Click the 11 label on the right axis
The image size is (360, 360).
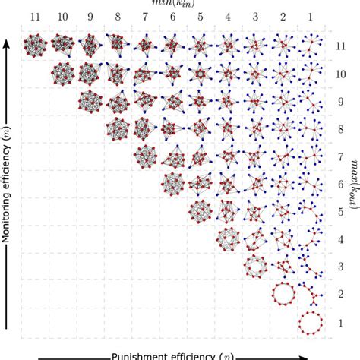click(339, 46)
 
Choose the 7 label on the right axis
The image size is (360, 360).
click(339, 157)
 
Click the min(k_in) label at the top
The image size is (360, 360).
click(172, 3)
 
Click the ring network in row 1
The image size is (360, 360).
click(310, 323)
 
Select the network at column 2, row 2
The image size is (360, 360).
click(283, 294)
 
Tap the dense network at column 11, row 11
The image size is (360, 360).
click(34, 46)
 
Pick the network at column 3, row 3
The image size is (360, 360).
click(255, 267)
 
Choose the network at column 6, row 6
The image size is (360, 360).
click(172, 184)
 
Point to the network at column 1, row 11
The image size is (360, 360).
click(310, 46)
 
